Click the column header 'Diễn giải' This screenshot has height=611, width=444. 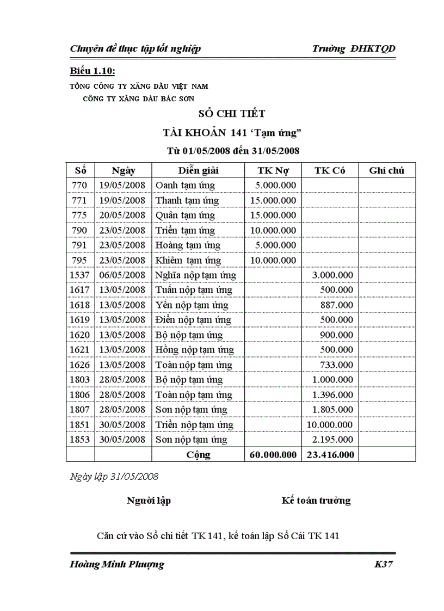coord(198,170)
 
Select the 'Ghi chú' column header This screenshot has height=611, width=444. coord(386,170)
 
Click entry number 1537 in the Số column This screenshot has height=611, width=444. coord(80,275)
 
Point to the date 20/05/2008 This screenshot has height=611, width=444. coord(122,215)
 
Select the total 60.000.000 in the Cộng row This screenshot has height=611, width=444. coord(273,455)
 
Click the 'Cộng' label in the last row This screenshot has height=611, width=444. coord(198,455)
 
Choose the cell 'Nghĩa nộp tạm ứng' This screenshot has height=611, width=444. coord(195,275)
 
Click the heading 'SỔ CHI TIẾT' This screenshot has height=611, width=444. coord(232,114)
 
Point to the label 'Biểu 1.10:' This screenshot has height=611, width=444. coord(92,72)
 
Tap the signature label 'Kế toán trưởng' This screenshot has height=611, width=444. coord(316,501)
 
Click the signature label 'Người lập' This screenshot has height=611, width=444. coord(149,501)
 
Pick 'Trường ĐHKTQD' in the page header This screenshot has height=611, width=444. coord(354,49)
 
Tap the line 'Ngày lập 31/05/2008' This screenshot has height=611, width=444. coord(114,477)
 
